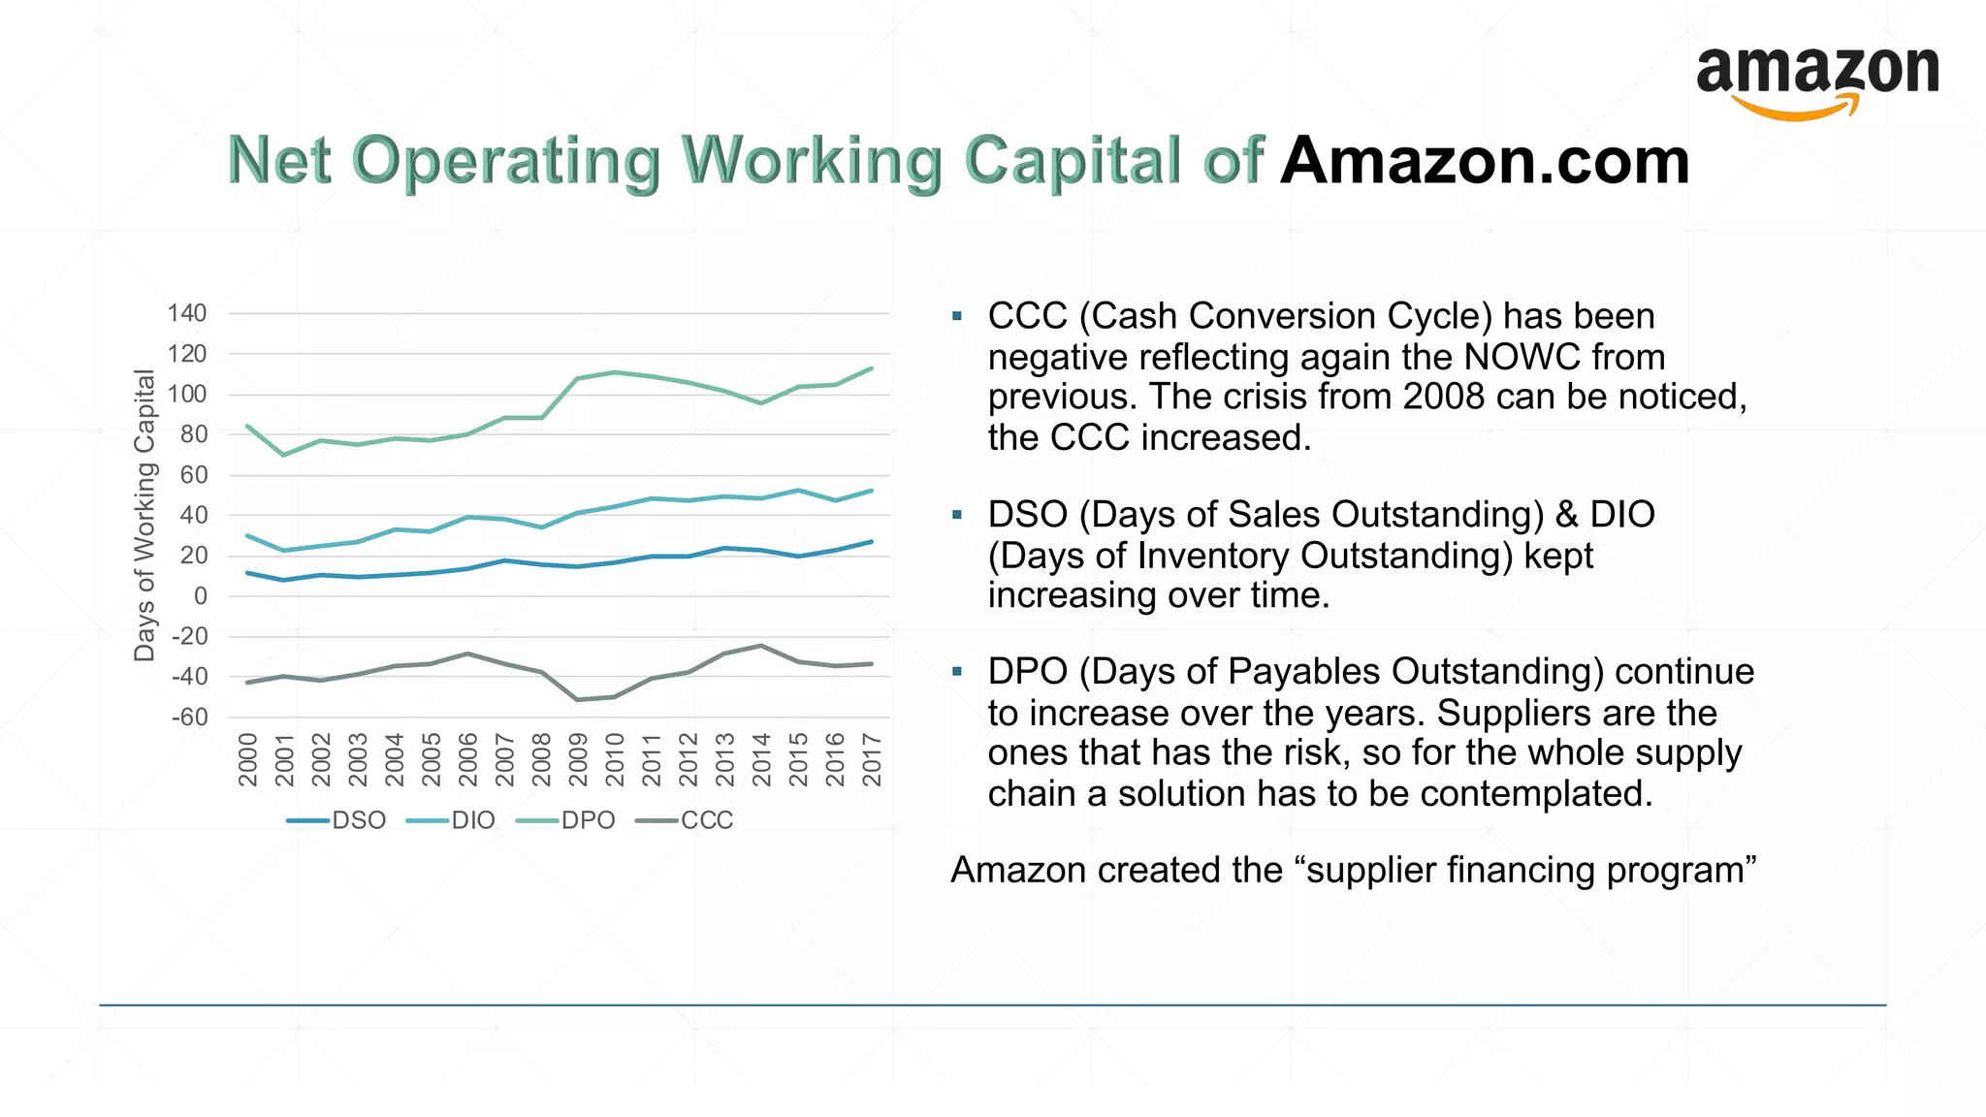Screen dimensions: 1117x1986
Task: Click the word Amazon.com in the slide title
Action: (1485, 161)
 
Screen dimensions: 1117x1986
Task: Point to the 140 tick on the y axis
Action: (187, 313)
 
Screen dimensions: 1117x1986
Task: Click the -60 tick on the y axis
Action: (190, 718)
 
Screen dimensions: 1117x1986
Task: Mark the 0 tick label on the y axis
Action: (201, 596)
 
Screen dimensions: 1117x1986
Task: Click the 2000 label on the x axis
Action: (248, 759)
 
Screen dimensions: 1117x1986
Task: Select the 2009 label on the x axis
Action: (578, 759)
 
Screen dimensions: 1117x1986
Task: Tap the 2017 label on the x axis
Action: (872, 759)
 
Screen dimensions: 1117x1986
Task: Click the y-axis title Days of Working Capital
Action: (144, 515)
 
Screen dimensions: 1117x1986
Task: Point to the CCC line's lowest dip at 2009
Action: (578, 699)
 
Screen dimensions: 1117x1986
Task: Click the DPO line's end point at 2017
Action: (872, 368)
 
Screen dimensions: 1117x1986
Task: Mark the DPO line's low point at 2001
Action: (284, 455)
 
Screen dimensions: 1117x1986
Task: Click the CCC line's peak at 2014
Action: (761, 646)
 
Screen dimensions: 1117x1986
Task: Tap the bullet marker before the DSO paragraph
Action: (957, 515)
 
